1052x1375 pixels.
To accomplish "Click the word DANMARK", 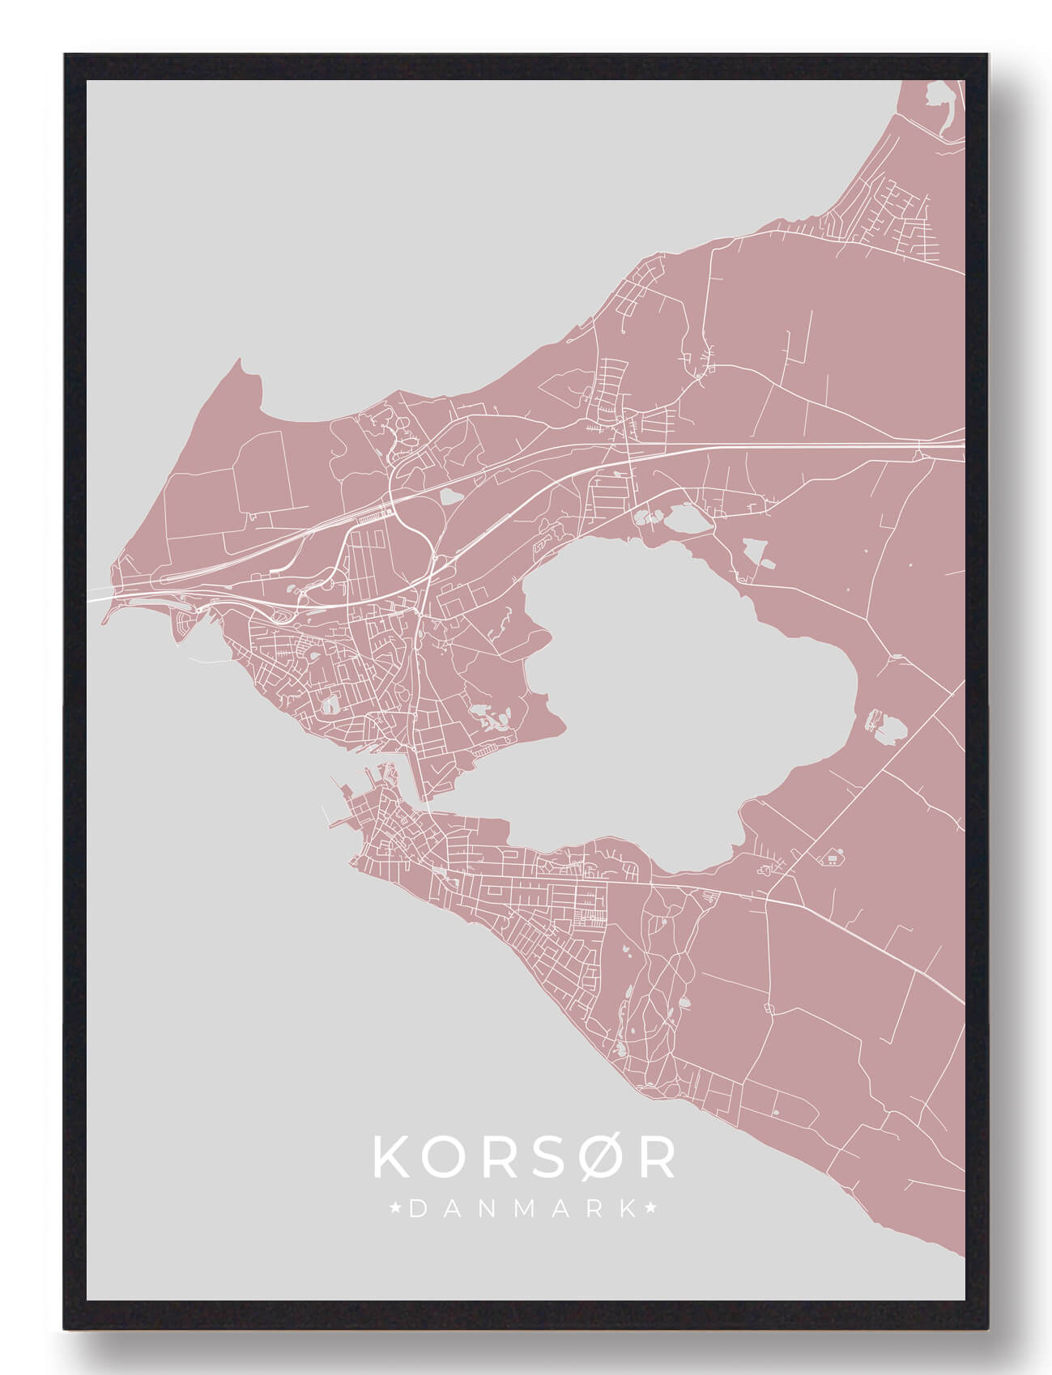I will point(523,1209).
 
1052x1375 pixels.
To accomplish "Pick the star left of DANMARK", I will point(396,1209).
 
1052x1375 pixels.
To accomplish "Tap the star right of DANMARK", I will point(651,1209).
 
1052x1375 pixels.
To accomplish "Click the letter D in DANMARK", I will point(418,1209).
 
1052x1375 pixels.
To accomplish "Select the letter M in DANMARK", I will point(522,1209).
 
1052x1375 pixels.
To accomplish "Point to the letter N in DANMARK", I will point(487,1209).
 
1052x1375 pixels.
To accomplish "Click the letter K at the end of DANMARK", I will point(627,1209).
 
